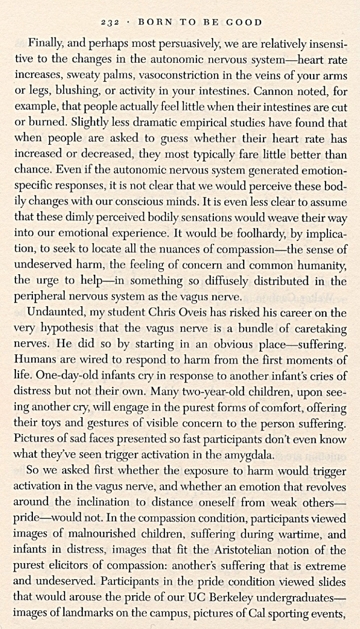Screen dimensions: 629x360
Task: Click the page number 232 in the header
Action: (x=109, y=22)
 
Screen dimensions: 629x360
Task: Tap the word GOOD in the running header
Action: (x=244, y=22)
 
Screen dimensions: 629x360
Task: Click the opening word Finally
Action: (x=45, y=44)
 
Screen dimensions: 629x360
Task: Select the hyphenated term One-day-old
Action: (x=49, y=376)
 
